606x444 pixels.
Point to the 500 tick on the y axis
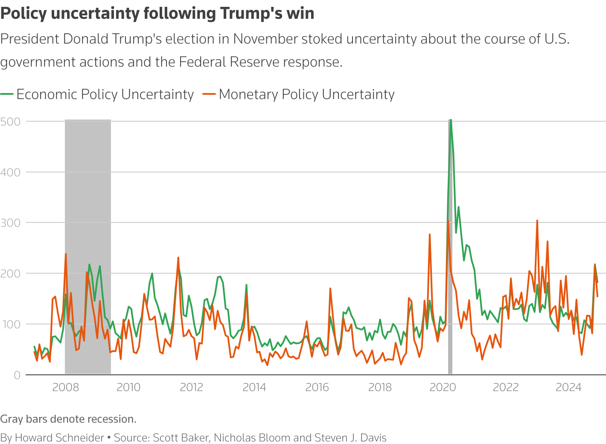pyautogui.click(x=10, y=122)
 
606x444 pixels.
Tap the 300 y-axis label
pyautogui.click(x=10, y=223)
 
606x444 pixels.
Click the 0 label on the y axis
pyautogui.click(x=17, y=375)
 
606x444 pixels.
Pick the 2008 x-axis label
pyautogui.click(x=65, y=387)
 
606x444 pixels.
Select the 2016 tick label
pyautogui.click(x=317, y=387)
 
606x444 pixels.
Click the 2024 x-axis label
pyautogui.click(x=568, y=387)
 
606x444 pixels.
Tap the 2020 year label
pyautogui.click(x=443, y=387)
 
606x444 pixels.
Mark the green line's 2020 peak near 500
pyautogui.click(x=451, y=120)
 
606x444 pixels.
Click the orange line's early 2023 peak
pyautogui.click(x=537, y=221)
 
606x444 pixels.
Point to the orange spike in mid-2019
pyautogui.click(x=429, y=234)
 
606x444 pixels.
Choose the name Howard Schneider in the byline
pyautogui.click(x=59, y=438)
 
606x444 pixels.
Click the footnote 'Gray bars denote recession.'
pyautogui.click(x=68, y=419)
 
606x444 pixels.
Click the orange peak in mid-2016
pyautogui.click(x=330, y=289)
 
